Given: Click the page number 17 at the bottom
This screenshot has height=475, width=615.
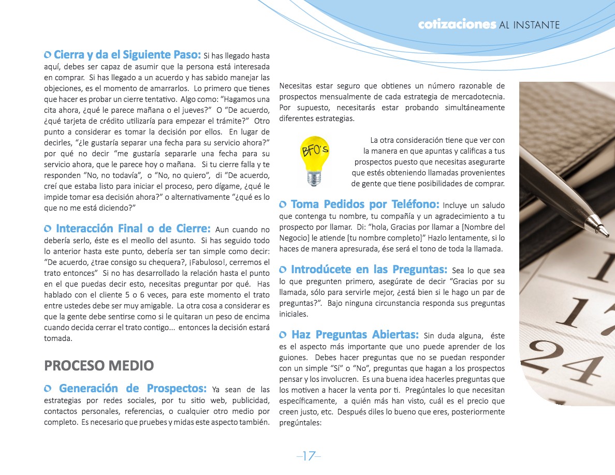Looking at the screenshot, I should coord(309,456).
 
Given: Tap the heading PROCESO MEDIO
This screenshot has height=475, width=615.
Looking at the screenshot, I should coord(99,365).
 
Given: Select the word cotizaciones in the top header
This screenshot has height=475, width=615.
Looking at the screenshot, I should coord(457,25).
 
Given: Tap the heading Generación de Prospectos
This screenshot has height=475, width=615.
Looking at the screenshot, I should coord(133,388).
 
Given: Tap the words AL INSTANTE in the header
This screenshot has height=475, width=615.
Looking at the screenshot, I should coord(530,25).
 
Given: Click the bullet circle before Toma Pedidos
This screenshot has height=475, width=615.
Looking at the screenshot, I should coord(283,204).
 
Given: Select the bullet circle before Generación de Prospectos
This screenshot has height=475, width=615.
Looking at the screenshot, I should coord(48,389).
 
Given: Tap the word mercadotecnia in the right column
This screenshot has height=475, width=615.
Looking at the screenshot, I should coord(478,97).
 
